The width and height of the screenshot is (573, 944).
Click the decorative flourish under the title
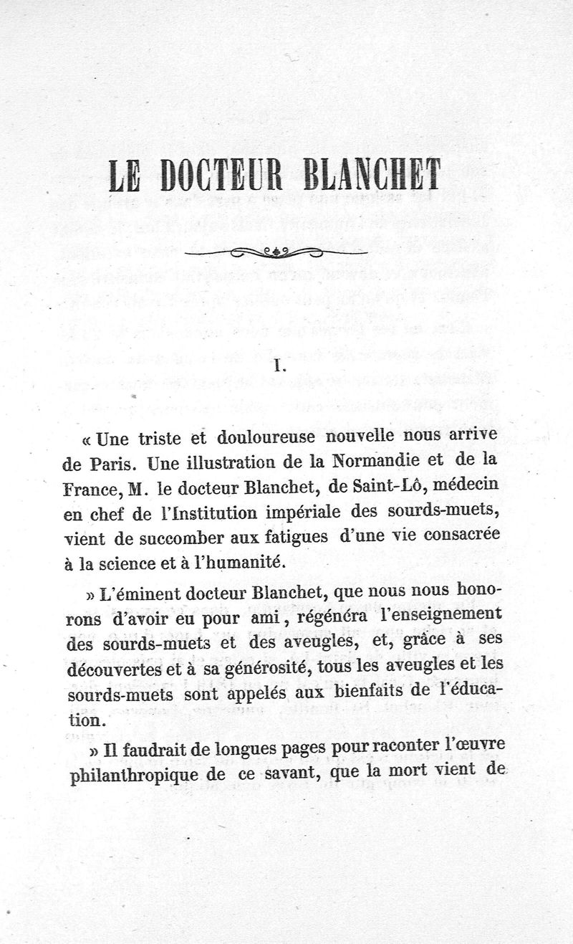tap(276, 251)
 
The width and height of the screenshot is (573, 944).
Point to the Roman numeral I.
tap(281, 367)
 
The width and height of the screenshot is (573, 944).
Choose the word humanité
tap(237, 564)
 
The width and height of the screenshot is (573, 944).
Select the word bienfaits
tap(391, 693)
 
